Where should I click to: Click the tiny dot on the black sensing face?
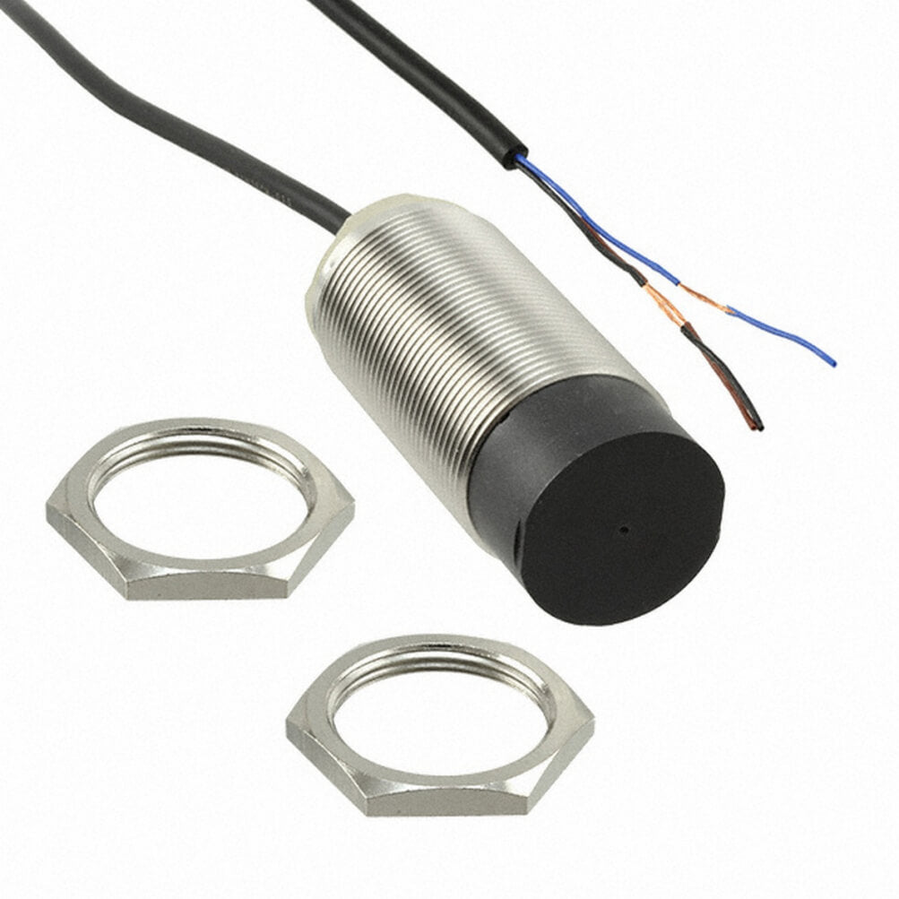[x=621, y=530]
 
